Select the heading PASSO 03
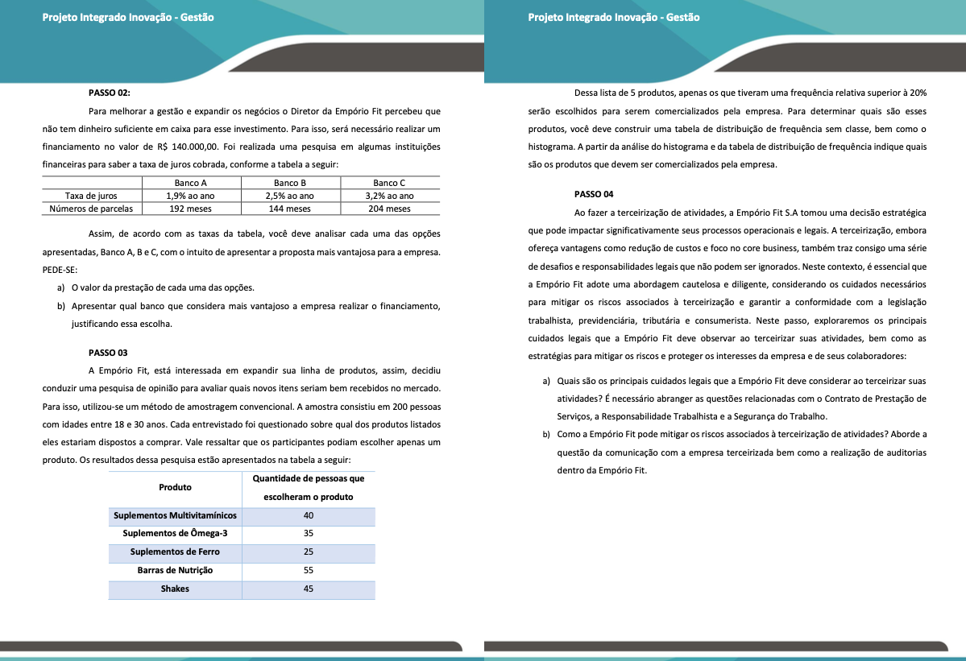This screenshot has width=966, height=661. (x=108, y=353)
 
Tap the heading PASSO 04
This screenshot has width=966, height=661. (x=594, y=194)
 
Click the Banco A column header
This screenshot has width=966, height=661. (x=191, y=183)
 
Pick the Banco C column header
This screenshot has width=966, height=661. (x=389, y=183)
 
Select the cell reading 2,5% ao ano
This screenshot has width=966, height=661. (x=290, y=196)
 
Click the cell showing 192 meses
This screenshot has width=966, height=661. (x=191, y=209)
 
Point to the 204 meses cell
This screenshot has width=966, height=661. (x=389, y=209)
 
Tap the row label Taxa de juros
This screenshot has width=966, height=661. (x=91, y=196)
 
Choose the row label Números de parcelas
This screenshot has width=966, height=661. (x=91, y=209)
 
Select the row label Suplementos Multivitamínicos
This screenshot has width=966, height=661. (x=175, y=515)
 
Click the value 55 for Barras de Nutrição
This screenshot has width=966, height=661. (x=308, y=570)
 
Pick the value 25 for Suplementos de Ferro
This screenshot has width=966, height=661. (x=308, y=552)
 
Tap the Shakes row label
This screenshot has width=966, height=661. (x=175, y=589)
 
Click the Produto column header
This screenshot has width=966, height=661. (x=175, y=487)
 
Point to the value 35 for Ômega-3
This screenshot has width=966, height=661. (x=308, y=533)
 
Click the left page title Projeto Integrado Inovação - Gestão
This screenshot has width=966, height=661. (x=128, y=17)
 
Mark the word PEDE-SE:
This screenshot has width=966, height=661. (x=60, y=270)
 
